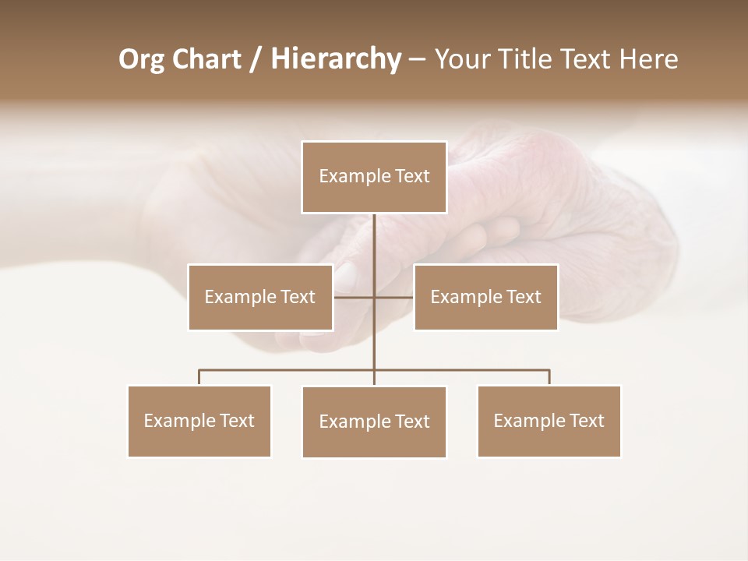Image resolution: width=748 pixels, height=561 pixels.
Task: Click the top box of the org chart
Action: click(x=374, y=177)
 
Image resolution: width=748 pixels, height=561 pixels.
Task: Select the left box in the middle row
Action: click(x=260, y=297)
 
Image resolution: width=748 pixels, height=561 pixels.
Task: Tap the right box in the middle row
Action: click(x=485, y=297)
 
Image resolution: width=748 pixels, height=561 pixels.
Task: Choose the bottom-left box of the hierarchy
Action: click(x=199, y=421)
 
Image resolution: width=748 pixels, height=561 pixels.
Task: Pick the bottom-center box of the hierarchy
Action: click(x=374, y=422)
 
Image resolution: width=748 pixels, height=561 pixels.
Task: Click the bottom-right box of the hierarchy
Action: click(x=549, y=421)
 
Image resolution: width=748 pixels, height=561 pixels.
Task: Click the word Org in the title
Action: click(x=141, y=59)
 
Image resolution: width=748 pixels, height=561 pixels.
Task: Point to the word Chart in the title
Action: click(x=206, y=59)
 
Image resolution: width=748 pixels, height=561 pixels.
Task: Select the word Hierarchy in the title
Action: click(x=335, y=59)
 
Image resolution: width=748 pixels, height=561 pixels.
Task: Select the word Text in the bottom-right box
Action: click(x=587, y=421)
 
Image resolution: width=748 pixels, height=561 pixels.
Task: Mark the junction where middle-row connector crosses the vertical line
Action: click(x=374, y=297)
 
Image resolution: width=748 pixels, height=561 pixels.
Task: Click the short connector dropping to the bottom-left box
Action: click(x=199, y=377)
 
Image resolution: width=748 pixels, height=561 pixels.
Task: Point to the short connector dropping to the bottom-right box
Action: click(x=549, y=377)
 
